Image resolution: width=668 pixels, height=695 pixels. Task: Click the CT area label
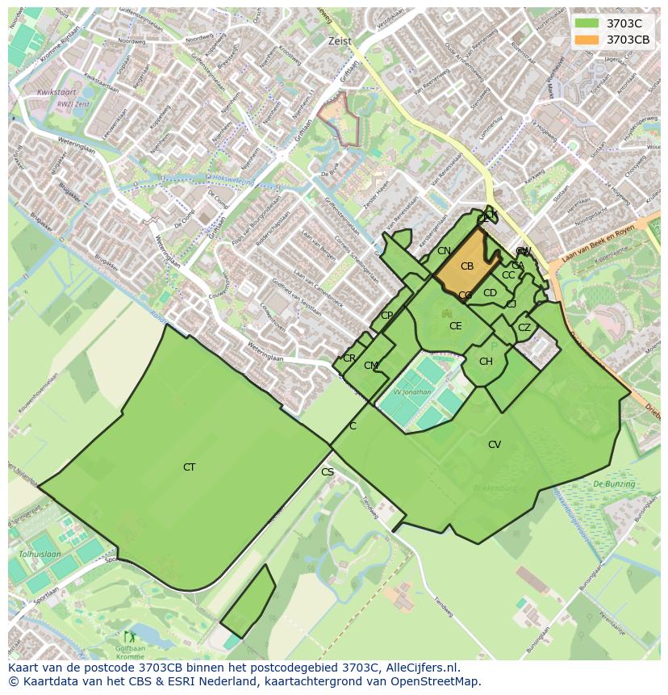189,467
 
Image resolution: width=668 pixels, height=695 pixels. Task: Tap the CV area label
495,445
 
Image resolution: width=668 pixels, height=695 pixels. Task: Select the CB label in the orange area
467,266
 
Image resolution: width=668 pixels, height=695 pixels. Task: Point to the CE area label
456,326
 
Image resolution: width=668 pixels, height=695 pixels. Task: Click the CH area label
486,362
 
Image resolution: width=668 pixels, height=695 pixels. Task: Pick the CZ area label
524,328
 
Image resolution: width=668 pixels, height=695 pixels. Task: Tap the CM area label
370,366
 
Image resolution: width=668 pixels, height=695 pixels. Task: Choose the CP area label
387,316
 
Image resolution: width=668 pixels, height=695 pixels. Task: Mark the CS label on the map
327,472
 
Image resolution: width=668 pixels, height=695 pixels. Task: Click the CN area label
444,251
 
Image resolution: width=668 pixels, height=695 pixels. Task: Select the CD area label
490,293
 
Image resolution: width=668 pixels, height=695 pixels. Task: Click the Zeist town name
340,41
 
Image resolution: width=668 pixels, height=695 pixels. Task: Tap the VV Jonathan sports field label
412,392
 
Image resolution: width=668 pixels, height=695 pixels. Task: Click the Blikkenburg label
495,488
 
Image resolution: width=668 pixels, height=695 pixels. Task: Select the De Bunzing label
614,484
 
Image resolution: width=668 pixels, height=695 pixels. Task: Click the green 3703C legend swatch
587,23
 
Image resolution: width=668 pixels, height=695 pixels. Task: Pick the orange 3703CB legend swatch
587,40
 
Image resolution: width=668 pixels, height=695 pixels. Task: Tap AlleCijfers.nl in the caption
420,668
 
